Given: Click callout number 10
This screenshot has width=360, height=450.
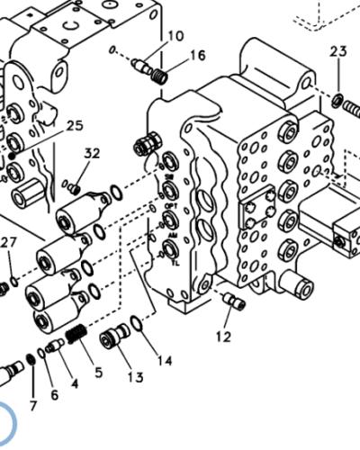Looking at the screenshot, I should (175, 36).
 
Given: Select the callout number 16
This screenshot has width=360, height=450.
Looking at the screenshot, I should (197, 56).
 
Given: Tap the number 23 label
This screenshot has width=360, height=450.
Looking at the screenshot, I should (337, 52).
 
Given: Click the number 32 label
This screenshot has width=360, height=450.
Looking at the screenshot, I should (92, 154).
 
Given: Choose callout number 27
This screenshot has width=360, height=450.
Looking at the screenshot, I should (8, 242).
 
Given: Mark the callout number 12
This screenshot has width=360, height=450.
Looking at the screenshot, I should (223, 337).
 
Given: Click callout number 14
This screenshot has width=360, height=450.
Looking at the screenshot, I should (165, 361).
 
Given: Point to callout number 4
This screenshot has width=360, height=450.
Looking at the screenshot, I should (75, 383).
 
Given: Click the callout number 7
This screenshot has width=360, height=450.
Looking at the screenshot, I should (33, 406).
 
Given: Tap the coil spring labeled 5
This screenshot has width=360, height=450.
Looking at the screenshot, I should (77, 337).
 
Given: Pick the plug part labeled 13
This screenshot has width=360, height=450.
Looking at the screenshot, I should (111, 339).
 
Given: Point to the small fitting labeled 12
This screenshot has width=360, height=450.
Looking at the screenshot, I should (236, 301).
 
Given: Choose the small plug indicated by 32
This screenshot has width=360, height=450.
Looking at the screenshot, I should (77, 188).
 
